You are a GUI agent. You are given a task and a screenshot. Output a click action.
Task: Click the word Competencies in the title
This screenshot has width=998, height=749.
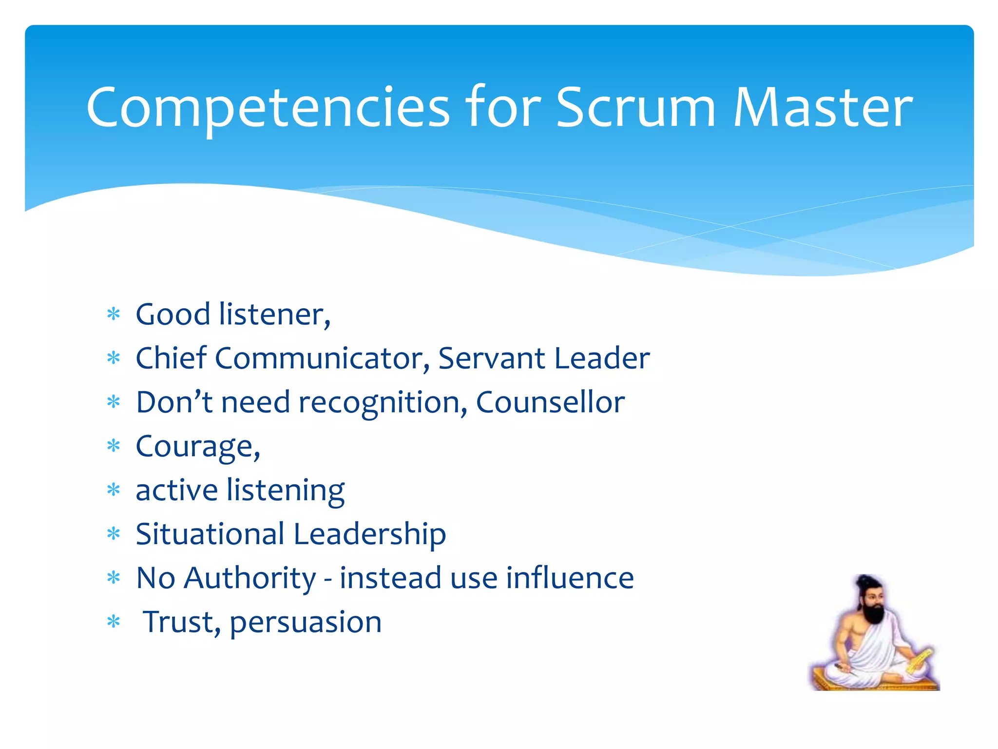tap(268, 108)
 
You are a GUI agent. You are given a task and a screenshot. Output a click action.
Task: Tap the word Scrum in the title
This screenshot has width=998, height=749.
tap(635, 108)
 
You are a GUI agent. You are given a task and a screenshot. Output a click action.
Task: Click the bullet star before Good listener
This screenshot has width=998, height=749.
tap(114, 315)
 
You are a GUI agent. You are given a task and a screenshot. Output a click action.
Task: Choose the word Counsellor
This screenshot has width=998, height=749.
tap(550, 403)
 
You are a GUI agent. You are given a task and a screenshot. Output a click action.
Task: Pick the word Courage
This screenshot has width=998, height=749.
tap(195, 447)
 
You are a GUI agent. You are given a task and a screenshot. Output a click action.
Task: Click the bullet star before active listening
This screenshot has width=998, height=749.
tap(114, 490)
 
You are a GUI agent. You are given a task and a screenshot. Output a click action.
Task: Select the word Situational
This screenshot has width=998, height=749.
tap(210, 534)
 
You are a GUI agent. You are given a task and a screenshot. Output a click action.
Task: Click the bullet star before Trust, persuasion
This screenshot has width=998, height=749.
tap(114, 622)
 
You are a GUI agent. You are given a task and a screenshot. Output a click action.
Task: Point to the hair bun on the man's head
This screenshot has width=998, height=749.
tap(864, 580)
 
